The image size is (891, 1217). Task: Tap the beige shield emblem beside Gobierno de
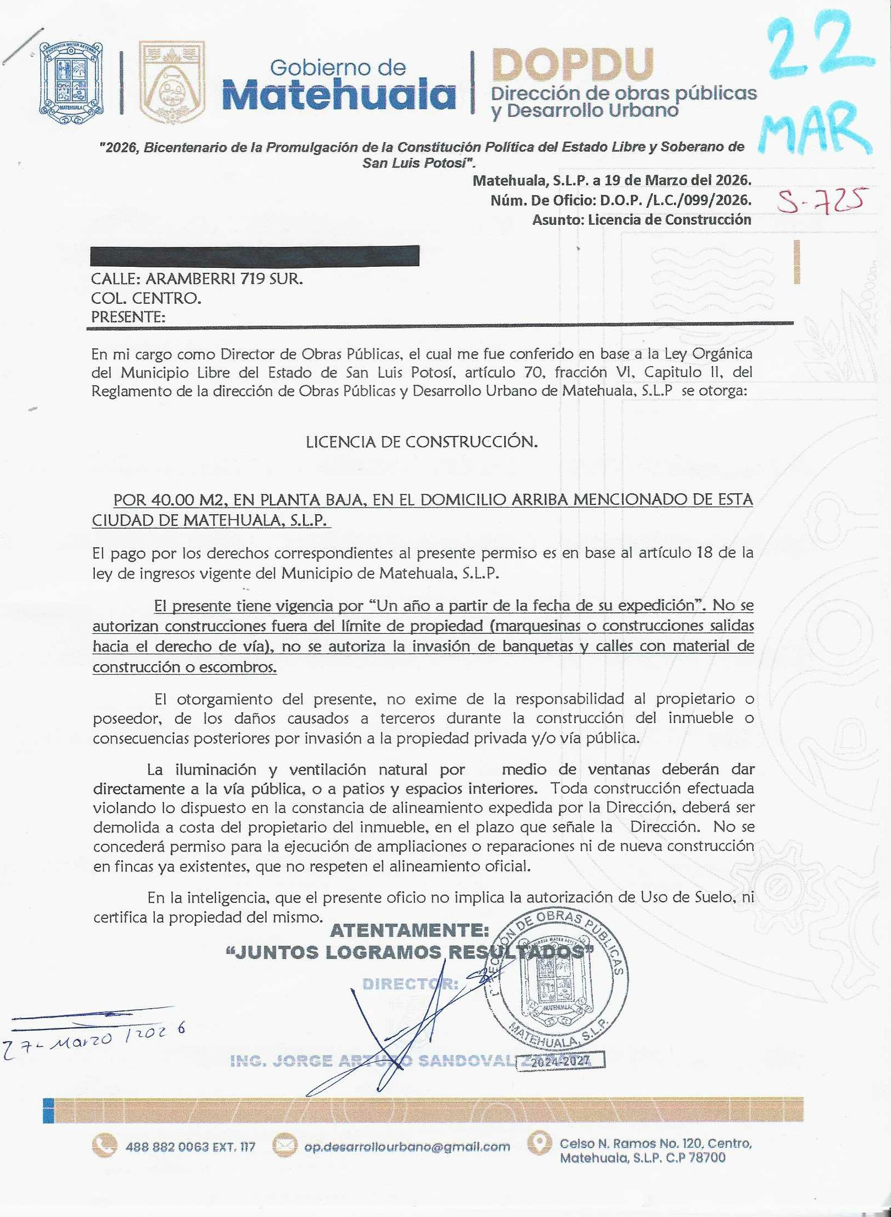pos(171,82)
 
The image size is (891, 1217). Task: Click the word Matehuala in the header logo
pos(339,95)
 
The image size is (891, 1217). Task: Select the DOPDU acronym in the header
pos(573,64)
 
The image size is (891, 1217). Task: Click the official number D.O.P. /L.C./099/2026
pos(676,200)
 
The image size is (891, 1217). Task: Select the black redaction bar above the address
pos(255,256)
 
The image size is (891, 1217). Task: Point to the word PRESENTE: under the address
pos(128,317)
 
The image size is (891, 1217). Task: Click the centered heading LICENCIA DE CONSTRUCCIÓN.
pos(422,441)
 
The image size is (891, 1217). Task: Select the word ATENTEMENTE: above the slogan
pos(409,930)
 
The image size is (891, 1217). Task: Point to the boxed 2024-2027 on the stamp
pos(559,1060)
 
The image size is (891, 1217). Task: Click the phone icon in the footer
pos(104,1145)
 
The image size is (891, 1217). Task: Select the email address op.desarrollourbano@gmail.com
pos(407,1146)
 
